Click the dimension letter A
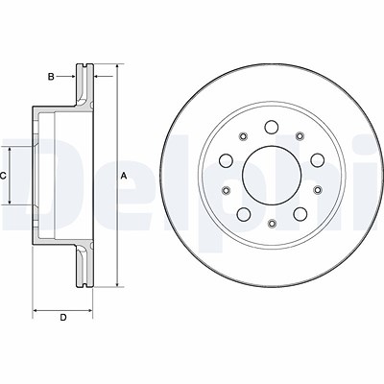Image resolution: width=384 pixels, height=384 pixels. [x=124, y=176]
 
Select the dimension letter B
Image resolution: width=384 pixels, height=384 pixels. [x=51, y=77]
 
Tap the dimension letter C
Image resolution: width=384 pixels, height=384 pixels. [x=3, y=176]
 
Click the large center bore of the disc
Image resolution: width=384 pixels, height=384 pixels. [x=272, y=176]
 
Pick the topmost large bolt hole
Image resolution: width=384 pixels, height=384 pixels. [x=272, y=127]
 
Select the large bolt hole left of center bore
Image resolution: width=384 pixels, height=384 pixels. [x=227, y=160]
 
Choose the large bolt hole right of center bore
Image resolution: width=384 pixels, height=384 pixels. [x=318, y=160]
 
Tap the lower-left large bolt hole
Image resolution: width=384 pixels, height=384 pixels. [x=244, y=214]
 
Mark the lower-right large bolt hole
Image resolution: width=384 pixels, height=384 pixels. [x=300, y=214]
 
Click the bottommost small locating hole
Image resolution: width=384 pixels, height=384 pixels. [x=272, y=224]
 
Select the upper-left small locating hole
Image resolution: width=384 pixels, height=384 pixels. [x=244, y=136]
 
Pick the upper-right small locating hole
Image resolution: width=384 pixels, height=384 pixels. [x=300, y=136]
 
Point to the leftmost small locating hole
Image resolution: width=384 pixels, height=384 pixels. [x=227, y=190]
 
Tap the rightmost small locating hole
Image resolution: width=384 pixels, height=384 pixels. [x=318, y=190]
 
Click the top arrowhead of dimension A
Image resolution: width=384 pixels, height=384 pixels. [x=118, y=67]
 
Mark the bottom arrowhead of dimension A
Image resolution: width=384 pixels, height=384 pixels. [x=118, y=283]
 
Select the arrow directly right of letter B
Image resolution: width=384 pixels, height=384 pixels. [x=66, y=77]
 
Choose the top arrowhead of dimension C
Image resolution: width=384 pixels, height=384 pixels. [x=10, y=151]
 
